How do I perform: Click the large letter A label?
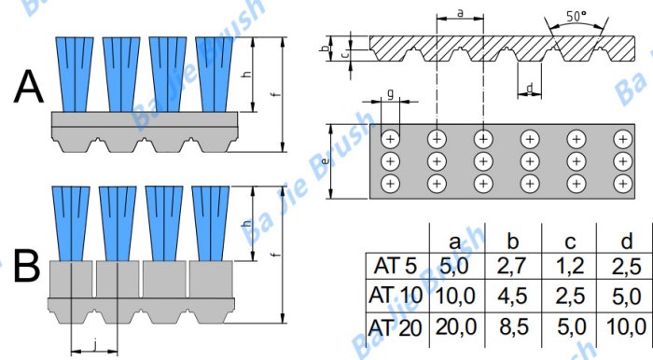[x=29, y=88]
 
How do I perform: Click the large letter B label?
[x=27, y=266]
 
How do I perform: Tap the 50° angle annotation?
[x=577, y=17]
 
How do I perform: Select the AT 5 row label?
[x=396, y=266]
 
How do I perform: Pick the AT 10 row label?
[x=396, y=296]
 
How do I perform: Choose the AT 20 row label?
[x=396, y=328]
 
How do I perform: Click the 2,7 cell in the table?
[x=513, y=267]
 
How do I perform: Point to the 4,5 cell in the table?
[x=513, y=297]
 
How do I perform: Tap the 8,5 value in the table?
[x=513, y=328]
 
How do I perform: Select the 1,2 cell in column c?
[x=571, y=267]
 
